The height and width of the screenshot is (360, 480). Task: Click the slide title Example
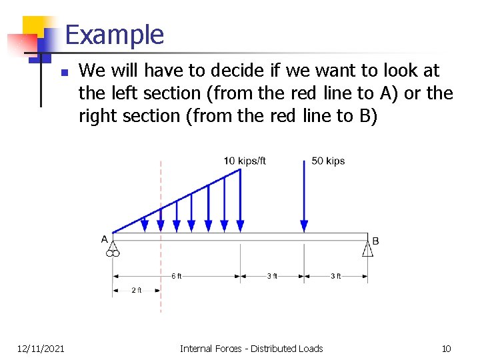tap(115, 35)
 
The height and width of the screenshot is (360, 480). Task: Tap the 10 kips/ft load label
tap(245, 161)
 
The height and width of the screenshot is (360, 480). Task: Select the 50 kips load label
tap(328, 161)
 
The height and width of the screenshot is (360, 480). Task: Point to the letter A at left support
tap(105, 239)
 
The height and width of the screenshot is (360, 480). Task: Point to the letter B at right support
tap(375, 240)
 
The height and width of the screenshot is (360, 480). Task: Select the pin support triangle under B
tap(368, 249)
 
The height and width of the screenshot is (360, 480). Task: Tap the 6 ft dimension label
tap(176, 276)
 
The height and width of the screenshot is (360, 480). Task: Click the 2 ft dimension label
tap(136, 290)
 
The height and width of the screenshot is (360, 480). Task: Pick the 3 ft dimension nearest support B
tap(335, 276)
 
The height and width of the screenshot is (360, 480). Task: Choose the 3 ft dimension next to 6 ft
tap(272, 276)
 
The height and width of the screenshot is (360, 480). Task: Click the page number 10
tap(447, 349)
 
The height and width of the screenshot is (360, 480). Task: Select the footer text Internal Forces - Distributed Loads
tap(251, 349)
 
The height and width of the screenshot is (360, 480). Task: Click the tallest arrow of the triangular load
tap(240, 200)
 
